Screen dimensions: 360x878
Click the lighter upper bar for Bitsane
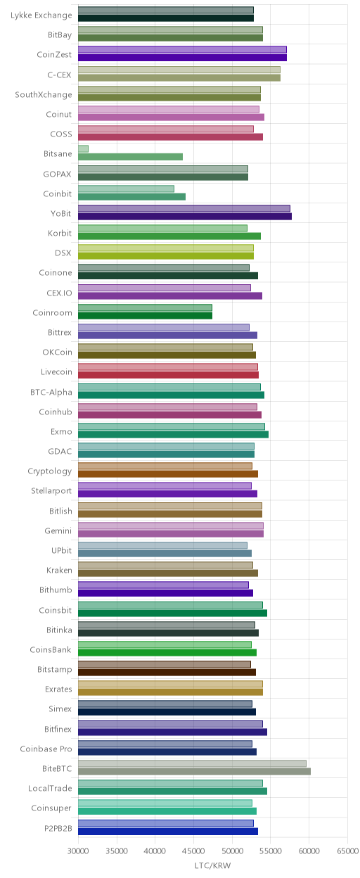click(x=83, y=149)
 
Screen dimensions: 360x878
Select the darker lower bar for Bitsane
click(x=131, y=157)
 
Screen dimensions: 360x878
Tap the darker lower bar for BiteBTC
click(x=194, y=771)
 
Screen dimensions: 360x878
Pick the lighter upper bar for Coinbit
click(x=126, y=189)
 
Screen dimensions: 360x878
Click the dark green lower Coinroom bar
click(x=145, y=315)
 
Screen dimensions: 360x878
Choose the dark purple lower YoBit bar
click(x=185, y=217)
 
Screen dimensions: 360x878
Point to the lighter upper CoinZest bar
click(x=182, y=50)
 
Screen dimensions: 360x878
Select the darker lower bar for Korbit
click(x=169, y=236)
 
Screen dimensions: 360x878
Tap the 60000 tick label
click(x=309, y=851)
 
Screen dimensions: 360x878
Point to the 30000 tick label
click(x=78, y=851)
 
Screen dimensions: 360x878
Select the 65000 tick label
click(x=348, y=851)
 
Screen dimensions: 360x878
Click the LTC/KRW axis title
click(x=213, y=865)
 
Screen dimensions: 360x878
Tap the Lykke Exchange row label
click(x=41, y=15)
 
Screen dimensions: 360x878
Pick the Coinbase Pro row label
click(x=46, y=749)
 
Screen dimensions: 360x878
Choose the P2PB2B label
click(x=58, y=828)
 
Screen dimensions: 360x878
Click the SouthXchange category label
click(x=44, y=94)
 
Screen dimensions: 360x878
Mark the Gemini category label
click(x=58, y=530)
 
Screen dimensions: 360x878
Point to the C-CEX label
click(x=60, y=75)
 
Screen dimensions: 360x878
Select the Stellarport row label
click(x=51, y=491)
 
